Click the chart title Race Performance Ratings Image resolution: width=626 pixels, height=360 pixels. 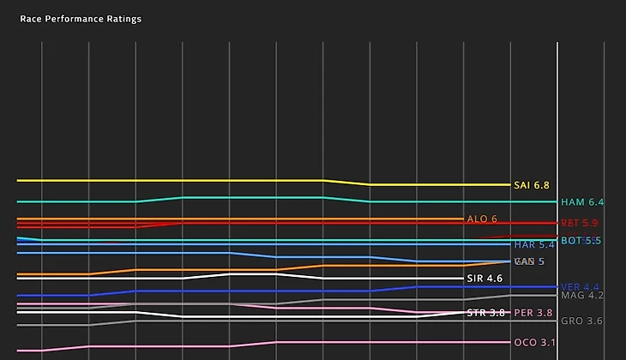(x=81, y=19)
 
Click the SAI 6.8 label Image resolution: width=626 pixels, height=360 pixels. (x=531, y=185)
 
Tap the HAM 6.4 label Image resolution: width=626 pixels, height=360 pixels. (x=581, y=202)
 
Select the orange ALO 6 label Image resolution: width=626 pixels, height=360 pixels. (x=481, y=219)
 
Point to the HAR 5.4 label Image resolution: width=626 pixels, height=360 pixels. (x=535, y=245)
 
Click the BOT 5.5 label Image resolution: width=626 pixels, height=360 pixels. (x=581, y=241)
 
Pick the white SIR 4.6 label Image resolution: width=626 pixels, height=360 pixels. (x=485, y=279)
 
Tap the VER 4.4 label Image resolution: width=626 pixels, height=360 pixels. (x=581, y=287)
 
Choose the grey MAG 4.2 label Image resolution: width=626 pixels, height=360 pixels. (x=582, y=296)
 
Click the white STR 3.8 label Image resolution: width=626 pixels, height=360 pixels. (x=485, y=313)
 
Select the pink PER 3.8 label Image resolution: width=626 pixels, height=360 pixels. (x=533, y=313)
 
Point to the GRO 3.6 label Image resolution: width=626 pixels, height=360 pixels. (x=581, y=321)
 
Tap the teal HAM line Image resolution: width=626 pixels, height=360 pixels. (x=257, y=197)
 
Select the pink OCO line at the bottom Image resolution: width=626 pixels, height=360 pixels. (x=172, y=346)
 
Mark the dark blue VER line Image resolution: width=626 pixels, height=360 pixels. (x=257, y=291)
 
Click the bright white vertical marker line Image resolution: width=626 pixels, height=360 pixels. (x=557, y=129)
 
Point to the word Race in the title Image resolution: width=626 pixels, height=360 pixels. (x=30, y=19)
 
